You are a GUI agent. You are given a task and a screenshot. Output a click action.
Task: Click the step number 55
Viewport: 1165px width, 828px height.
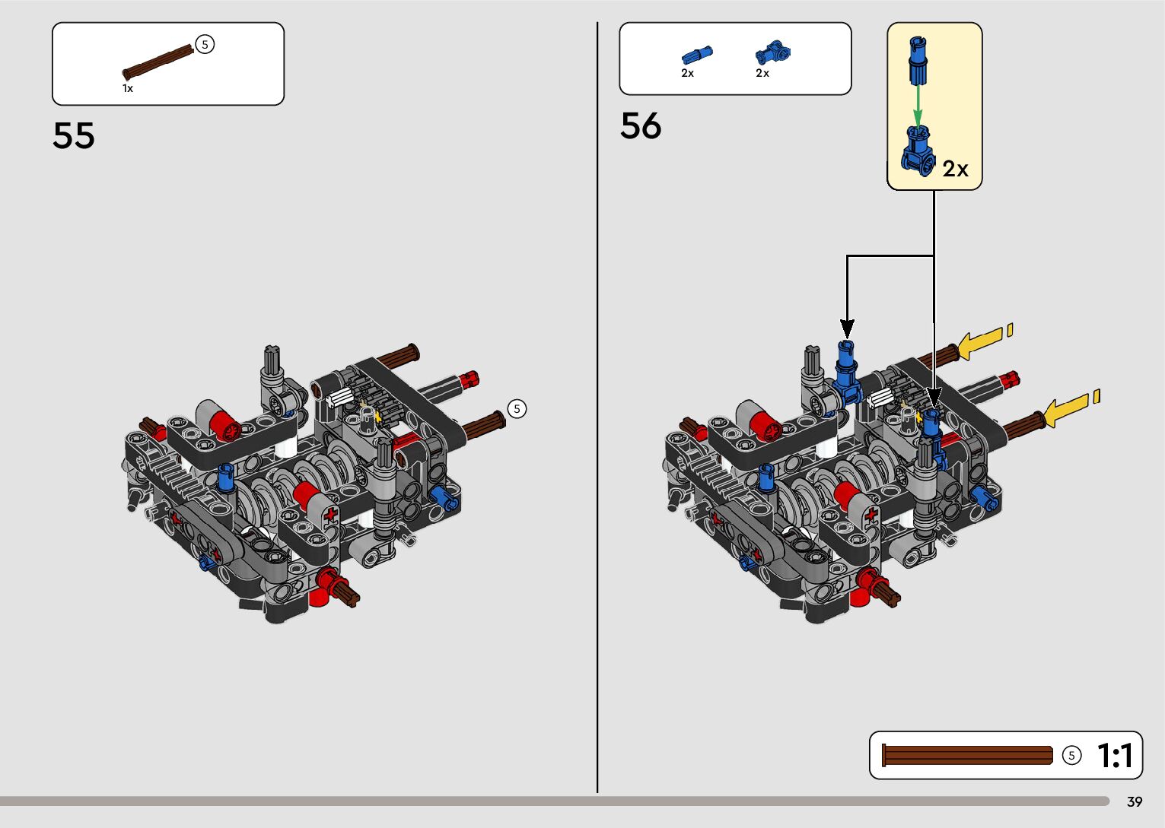click(x=74, y=135)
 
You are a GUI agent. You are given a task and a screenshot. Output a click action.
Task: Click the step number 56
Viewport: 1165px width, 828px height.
click(x=641, y=125)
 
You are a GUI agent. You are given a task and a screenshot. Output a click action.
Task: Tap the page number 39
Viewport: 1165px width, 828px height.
click(x=1135, y=802)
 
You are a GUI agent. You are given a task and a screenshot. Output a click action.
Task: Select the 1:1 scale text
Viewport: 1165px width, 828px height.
click(x=1115, y=756)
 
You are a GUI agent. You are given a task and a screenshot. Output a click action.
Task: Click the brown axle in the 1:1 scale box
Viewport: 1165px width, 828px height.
click(x=967, y=755)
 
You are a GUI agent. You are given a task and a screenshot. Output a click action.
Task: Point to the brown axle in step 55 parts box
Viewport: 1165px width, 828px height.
click(x=159, y=62)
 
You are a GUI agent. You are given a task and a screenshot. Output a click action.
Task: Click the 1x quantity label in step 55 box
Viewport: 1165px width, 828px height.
click(x=128, y=88)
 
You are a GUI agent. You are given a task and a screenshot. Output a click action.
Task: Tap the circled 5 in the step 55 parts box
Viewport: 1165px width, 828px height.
click(x=205, y=45)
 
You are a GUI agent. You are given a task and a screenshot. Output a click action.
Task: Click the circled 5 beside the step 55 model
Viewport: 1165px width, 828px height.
click(x=517, y=409)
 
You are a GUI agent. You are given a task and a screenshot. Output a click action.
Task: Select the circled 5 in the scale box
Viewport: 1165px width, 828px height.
click(x=1071, y=756)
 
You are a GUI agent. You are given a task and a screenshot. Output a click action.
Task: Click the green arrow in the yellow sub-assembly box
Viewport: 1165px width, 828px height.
click(x=918, y=103)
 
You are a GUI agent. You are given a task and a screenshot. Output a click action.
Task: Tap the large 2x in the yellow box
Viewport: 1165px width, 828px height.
click(x=955, y=168)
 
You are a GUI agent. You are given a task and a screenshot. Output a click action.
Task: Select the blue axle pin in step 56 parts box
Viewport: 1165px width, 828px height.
click(x=697, y=55)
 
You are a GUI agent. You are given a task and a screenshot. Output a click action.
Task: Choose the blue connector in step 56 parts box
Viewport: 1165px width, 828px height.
click(x=772, y=52)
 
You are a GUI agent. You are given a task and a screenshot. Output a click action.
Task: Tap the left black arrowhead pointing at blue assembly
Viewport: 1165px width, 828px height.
click(x=847, y=328)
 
